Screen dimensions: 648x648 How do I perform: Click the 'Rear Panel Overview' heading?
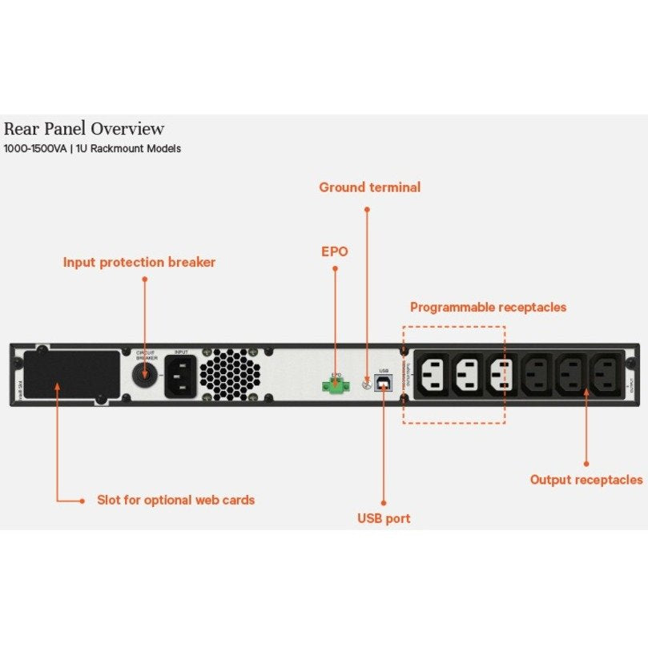84,128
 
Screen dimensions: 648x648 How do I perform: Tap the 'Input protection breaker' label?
139,262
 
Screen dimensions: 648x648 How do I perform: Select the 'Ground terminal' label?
369,187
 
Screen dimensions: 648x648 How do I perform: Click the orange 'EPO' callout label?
335,251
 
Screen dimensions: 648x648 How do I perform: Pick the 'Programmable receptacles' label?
488,307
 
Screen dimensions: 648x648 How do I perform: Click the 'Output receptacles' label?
586,480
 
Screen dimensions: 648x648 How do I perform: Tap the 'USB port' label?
384,518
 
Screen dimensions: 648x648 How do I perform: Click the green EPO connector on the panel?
334,386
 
